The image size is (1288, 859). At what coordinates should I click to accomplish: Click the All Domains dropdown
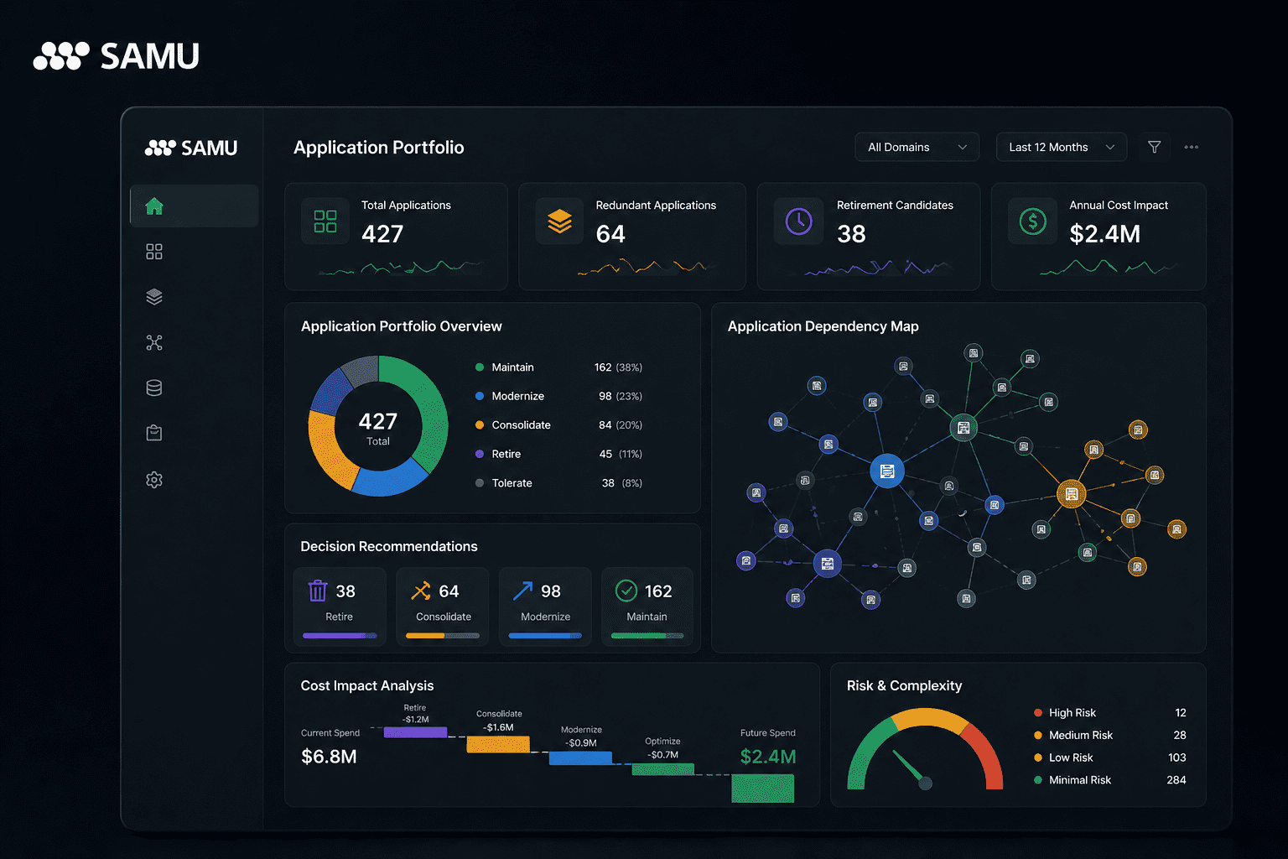(x=917, y=148)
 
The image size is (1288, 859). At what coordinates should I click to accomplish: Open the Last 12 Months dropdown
(x=1061, y=148)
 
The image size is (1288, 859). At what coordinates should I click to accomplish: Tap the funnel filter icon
(x=1155, y=148)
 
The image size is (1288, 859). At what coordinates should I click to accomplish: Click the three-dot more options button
(x=1192, y=148)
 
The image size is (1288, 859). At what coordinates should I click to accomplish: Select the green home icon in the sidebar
(x=154, y=206)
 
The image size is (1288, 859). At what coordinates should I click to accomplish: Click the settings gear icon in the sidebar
(x=154, y=480)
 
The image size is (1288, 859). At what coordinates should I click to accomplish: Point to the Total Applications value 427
(x=382, y=234)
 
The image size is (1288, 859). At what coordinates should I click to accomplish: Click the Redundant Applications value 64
(x=610, y=234)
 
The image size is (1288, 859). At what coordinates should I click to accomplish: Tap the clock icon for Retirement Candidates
(x=798, y=221)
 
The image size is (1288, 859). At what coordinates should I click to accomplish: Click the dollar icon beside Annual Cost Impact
(x=1032, y=221)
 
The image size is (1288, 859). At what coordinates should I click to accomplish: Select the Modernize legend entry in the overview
(x=517, y=396)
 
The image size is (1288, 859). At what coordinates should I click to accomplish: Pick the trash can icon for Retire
(x=318, y=591)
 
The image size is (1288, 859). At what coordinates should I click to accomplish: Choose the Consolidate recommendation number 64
(x=449, y=591)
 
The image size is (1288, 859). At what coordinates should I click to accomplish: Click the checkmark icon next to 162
(x=626, y=591)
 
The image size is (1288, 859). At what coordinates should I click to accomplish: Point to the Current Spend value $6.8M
(x=329, y=757)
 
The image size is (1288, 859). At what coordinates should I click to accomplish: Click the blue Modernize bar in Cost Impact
(x=580, y=758)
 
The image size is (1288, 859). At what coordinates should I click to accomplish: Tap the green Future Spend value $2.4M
(x=767, y=757)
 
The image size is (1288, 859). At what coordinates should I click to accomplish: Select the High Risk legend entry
(x=1072, y=713)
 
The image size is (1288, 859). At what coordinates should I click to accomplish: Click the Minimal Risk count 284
(x=1176, y=780)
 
